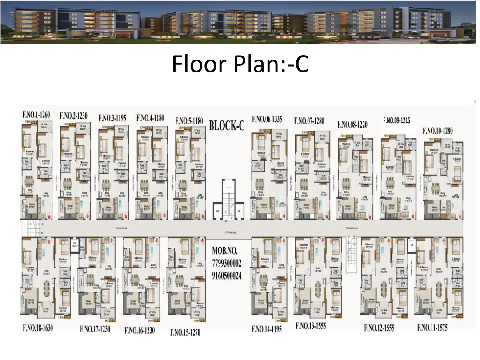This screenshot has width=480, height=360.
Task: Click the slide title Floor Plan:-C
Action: (240, 64)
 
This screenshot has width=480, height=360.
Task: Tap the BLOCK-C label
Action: (227, 126)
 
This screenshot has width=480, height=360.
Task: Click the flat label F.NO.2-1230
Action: (74, 116)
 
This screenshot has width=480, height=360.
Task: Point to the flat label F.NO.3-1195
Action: (112, 118)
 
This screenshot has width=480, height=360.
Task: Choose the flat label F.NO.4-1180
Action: (150, 118)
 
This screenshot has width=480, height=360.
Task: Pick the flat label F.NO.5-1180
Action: (189, 121)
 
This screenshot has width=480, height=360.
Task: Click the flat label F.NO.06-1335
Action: (268, 119)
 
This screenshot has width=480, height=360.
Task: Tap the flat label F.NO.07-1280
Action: (309, 121)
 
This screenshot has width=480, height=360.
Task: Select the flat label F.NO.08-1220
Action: (352, 124)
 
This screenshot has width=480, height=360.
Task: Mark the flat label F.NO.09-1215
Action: (396, 120)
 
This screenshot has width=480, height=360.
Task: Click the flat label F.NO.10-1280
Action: (437, 131)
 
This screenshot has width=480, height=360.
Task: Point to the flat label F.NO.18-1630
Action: (38, 328)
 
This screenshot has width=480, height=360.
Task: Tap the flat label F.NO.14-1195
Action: (267, 329)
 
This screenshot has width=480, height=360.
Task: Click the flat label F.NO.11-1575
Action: (432, 328)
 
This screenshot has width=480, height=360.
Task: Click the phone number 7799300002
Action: (227, 263)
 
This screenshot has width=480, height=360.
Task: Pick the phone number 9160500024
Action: (227, 276)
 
